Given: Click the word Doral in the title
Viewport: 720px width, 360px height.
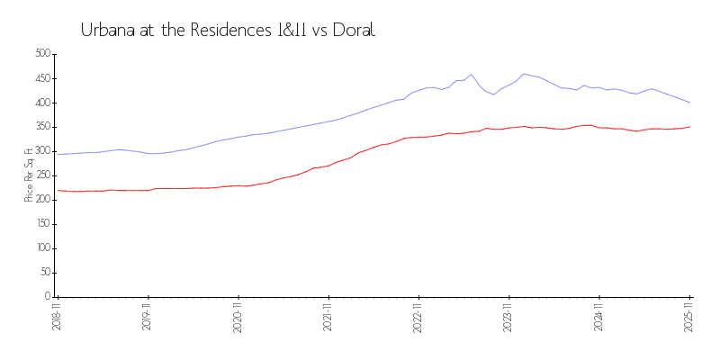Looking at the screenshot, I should pos(353,30).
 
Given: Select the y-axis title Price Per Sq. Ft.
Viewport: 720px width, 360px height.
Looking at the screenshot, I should pos(30,175).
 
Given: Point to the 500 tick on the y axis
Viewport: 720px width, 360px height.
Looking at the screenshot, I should pos(41,54).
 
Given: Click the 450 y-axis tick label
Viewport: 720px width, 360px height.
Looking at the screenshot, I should pos(41,78).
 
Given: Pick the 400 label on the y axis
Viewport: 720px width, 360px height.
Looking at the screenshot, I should pos(41,103).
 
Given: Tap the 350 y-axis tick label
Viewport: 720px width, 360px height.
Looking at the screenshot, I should pos(41,127).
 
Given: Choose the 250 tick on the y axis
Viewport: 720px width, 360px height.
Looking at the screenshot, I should pos(41,175).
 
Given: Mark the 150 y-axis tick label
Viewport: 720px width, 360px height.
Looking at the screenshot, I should pos(41,224).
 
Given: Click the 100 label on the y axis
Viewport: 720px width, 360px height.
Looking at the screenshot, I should pos(41,248).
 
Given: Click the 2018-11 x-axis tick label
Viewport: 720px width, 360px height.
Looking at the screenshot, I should pos(57,318).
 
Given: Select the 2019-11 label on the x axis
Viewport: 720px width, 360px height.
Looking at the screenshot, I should pos(148,318).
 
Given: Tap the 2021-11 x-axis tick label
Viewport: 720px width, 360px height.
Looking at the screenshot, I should pos(328,318).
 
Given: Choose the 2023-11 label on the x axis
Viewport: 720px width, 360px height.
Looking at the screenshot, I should pos(509,318).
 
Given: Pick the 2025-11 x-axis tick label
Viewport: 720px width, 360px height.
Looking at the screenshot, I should pos(689,318).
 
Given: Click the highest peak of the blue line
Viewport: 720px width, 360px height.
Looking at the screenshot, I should pos(525,74).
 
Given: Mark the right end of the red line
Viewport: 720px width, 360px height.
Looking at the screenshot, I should pos(689,127).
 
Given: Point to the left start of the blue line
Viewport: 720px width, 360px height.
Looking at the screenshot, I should pos(58,154).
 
